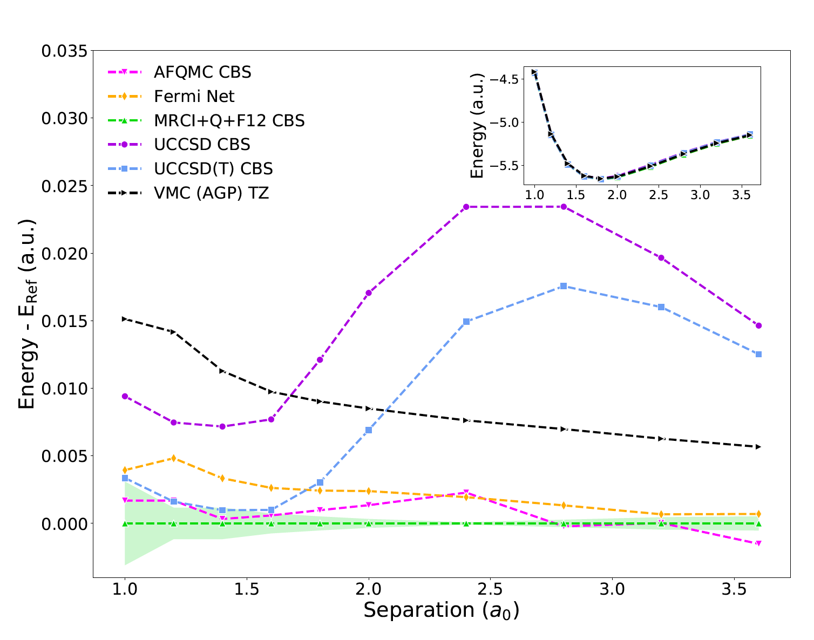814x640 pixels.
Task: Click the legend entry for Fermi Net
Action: [194, 97]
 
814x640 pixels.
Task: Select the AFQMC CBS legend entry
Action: [202, 72]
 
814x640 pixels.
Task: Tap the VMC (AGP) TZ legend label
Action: [211, 193]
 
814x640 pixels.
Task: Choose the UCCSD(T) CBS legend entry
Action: [213, 169]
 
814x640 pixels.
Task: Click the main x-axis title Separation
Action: [441, 610]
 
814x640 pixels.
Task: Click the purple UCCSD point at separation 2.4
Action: [466, 207]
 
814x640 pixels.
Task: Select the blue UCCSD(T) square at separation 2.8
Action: [564, 286]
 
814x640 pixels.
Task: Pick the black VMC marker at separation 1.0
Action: [125, 319]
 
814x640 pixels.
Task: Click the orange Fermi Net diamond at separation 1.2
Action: [174, 458]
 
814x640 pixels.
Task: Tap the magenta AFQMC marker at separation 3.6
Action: [758, 543]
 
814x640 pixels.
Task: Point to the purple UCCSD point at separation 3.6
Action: [758, 325]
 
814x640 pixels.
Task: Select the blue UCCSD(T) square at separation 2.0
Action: [369, 430]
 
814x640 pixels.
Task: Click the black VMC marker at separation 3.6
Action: [758, 447]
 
